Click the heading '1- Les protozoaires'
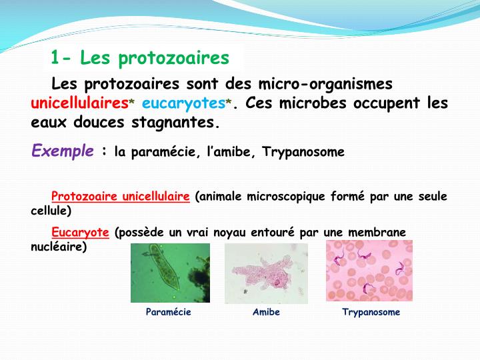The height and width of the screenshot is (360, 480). coord(140,59)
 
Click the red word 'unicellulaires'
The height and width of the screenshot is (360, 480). coord(79,104)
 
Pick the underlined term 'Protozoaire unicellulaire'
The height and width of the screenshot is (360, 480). coord(121,197)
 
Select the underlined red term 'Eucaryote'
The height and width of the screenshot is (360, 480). coord(80,232)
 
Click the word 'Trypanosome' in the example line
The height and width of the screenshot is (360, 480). coord(303,152)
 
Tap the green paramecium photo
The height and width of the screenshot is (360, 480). coord(170,273)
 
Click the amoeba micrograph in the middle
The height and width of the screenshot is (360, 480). coord(266,273)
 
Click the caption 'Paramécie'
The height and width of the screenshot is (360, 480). coord(169,312)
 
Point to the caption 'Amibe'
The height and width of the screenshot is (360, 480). coord(266,312)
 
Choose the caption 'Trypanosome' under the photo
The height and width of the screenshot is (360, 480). coord(371,312)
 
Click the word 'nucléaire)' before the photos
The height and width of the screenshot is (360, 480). coord(59,247)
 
